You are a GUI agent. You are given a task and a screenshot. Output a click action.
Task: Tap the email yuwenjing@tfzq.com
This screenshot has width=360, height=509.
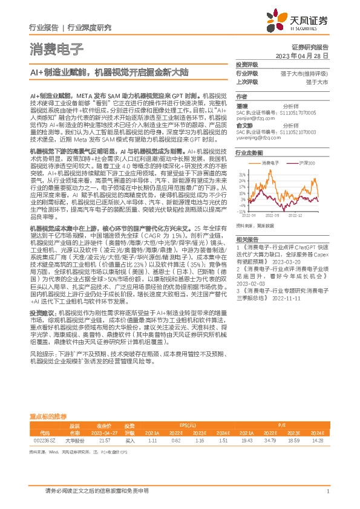[259, 137]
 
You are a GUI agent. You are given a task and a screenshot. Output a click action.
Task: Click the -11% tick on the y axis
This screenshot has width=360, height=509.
[241, 212]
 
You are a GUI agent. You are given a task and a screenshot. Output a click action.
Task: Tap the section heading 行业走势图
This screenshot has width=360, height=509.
[249, 154]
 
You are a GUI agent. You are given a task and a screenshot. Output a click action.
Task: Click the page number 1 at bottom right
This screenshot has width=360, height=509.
[327, 491]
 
